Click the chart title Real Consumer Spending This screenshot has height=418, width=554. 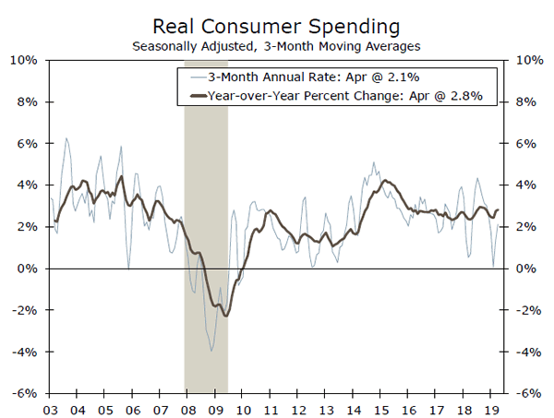[275, 25]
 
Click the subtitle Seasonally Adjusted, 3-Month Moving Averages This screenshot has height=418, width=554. [275, 44]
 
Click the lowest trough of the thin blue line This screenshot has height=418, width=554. [211, 351]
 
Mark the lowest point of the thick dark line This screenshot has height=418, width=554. [225, 316]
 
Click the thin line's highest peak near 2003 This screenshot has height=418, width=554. [66, 138]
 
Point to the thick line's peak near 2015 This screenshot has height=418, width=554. [384, 181]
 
